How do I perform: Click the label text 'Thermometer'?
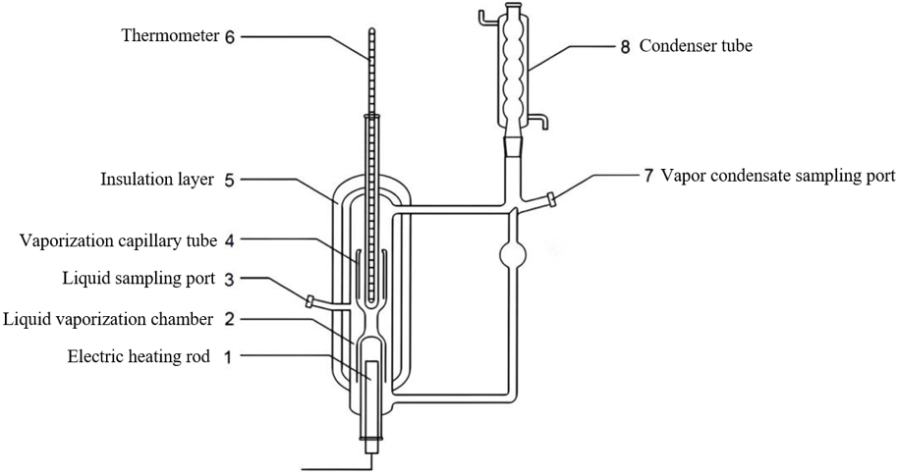170,36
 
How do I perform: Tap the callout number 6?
230,37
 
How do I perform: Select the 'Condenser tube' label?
696,46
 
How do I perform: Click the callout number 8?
625,46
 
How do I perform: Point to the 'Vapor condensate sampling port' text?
777,176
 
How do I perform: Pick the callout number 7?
647,176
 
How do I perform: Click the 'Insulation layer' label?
157,180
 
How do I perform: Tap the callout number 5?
229,181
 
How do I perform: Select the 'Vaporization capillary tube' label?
119,240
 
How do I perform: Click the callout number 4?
230,240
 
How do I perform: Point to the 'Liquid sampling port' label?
139,279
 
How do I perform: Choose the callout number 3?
229,280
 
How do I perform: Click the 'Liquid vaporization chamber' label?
108,319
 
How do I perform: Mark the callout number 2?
229,319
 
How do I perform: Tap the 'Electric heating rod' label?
139,357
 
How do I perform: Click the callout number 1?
228,357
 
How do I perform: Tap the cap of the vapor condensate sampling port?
551,200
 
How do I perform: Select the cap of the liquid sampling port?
309,301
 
